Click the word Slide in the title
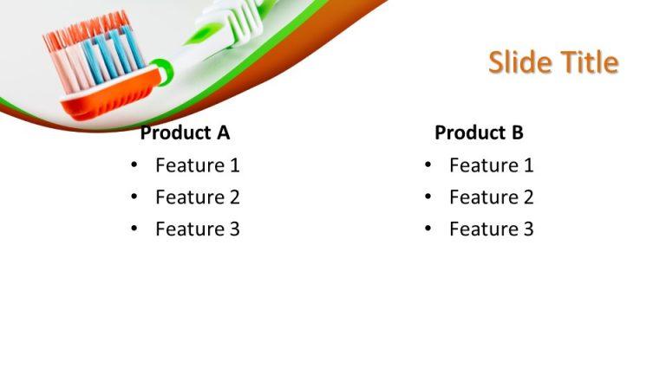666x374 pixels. pos(516,62)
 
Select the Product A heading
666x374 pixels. pos(185,133)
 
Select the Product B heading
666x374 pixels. pos(479,133)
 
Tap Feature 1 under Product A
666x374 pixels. pos(197,165)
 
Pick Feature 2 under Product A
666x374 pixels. pos(197,197)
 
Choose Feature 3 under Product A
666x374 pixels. pos(197,229)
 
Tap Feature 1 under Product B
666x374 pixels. pos(491,165)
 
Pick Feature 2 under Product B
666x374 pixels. pos(491,197)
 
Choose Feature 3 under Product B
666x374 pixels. pos(491,229)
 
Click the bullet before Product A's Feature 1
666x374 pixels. pos(134,165)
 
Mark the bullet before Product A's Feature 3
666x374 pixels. pos(134,229)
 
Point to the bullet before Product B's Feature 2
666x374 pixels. pos(428,197)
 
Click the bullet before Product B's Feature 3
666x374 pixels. pos(428,229)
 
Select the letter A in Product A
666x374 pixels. pos(223,133)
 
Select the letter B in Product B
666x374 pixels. pos(517,133)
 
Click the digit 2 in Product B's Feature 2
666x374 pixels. pos(527,197)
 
